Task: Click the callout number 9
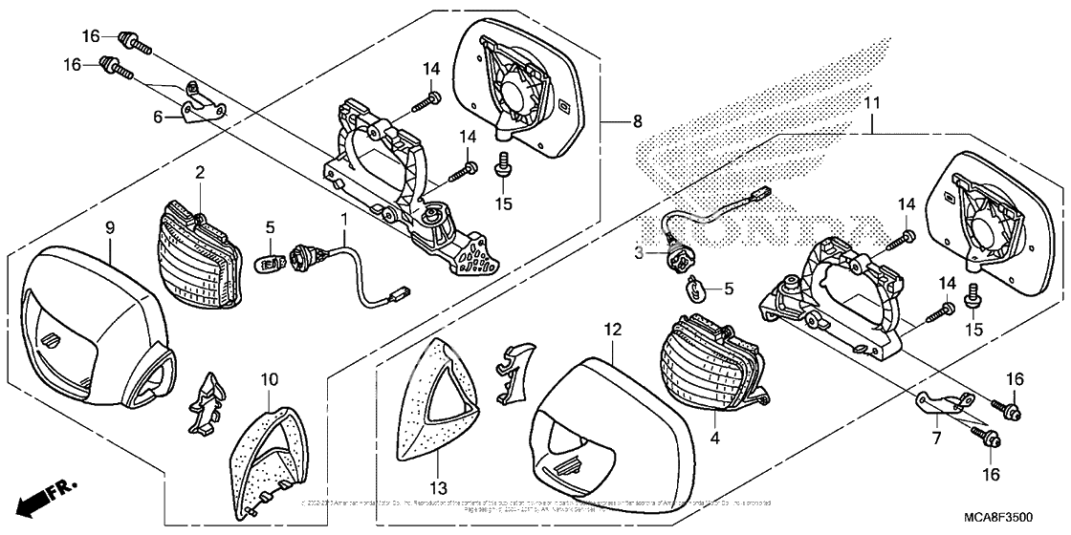point(110,227)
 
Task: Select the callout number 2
point(201,172)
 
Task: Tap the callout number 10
point(269,380)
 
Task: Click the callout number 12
point(613,330)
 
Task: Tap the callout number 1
point(343,220)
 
